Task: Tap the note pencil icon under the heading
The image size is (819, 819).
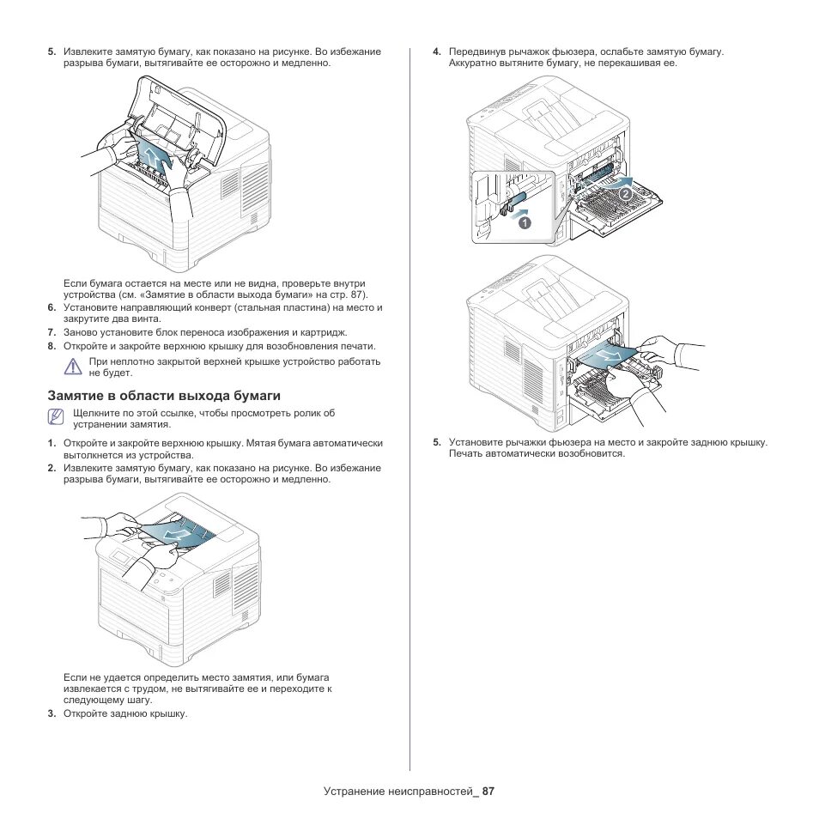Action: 57,417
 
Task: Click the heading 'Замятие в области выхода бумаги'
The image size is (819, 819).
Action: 164,396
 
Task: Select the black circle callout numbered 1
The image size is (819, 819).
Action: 524,222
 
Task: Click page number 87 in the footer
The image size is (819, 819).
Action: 488,791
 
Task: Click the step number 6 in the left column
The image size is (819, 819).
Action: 52,307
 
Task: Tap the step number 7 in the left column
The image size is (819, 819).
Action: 52,332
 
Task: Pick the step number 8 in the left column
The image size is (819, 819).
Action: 52,346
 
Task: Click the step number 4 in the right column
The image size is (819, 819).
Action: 437,52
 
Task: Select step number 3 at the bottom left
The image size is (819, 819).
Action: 52,713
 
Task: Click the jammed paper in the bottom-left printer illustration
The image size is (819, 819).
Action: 178,534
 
